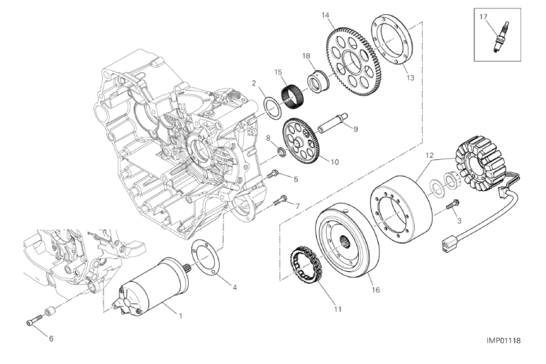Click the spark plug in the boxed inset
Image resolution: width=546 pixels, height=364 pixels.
point(501,38)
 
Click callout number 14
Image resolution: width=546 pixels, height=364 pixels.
point(325,15)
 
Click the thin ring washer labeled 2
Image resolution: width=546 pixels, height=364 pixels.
point(270,106)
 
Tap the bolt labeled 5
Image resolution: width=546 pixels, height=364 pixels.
point(274,174)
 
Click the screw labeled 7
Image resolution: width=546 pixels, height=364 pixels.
point(279,202)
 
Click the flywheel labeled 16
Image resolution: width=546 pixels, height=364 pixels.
point(349,241)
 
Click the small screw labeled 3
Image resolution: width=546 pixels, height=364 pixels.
point(453,205)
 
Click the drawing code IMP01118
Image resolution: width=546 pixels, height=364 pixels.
point(503,341)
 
